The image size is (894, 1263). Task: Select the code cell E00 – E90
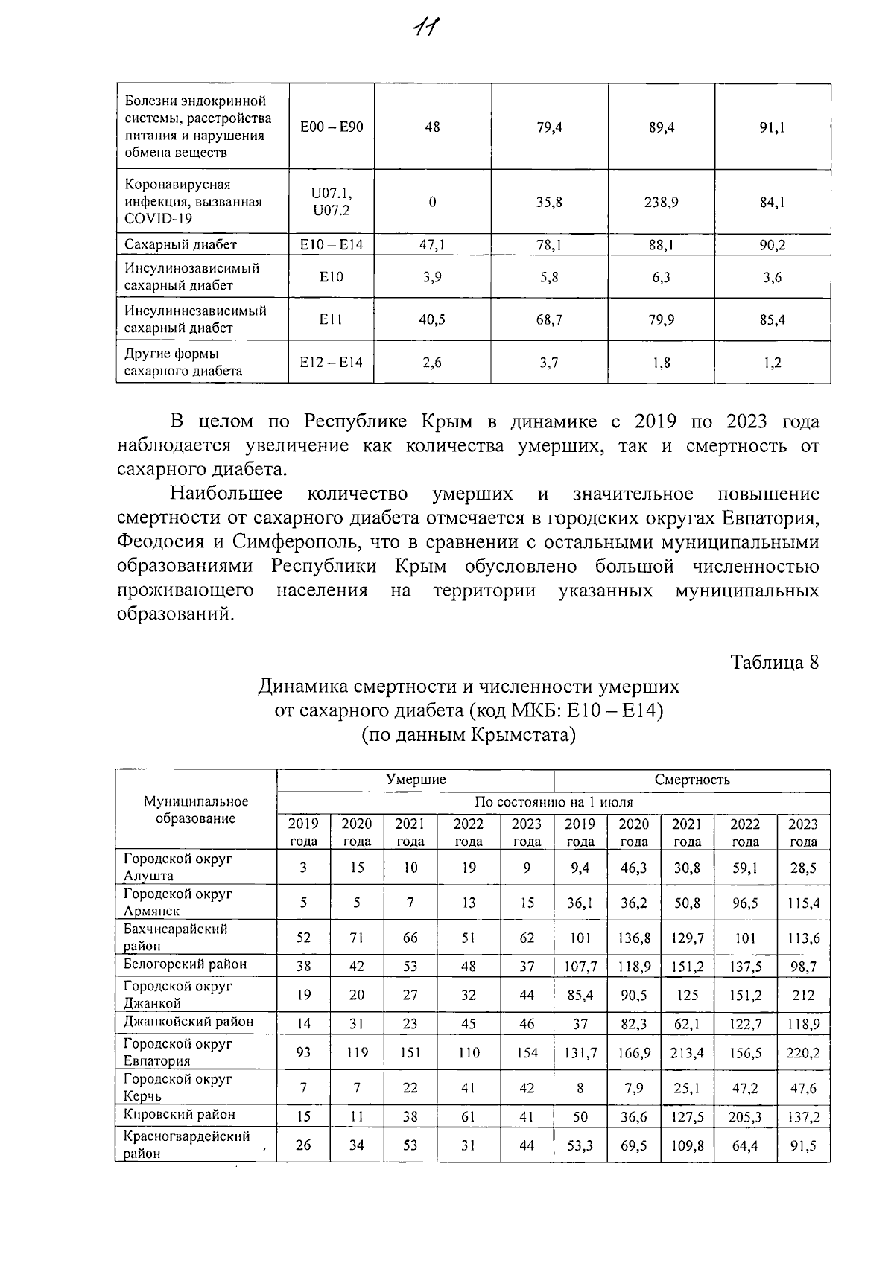point(332,127)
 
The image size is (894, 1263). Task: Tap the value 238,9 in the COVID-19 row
point(661,202)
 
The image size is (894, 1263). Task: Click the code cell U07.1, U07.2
point(332,202)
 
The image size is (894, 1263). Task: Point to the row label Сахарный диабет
point(180,245)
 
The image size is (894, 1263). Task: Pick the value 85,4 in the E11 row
point(772,320)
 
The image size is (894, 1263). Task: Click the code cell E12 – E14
point(332,363)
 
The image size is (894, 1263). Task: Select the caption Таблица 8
point(774,662)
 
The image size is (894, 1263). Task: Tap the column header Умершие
point(415,780)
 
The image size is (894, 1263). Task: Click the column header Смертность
point(691,780)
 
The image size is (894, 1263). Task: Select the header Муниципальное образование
point(196,810)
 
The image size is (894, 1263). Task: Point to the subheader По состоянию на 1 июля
point(553,802)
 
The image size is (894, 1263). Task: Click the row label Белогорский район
point(185,964)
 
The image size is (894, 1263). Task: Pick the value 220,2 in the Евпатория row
point(803,1053)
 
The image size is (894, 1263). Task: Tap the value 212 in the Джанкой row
point(803,995)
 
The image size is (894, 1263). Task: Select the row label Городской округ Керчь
point(178,1087)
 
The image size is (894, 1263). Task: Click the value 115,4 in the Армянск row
point(803,903)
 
